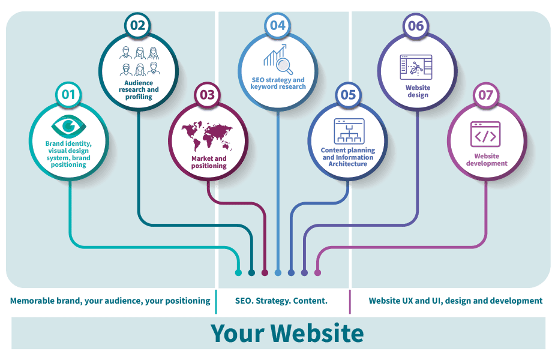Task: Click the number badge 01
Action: tap(68, 95)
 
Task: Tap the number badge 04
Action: tap(278, 26)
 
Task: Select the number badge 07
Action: tap(486, 95)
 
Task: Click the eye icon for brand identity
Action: tap(68, 126)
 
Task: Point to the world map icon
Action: tap(207, 136)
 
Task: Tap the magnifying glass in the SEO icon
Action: tap(284, 66)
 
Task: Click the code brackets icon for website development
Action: tap(485, 134)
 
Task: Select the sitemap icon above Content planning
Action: tap(349, 131)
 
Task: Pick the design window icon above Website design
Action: tap(416, 67)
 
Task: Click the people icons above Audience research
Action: tap(139, 61)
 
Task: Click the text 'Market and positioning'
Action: tap(209, 162)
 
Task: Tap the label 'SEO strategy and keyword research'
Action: tap(278, 83)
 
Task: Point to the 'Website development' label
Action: tap(487, 160)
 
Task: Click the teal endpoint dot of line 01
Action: tap(238, 273)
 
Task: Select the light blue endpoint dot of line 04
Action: tap(278, 273)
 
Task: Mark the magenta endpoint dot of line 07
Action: tap(317, 273)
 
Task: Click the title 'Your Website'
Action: tap(287, 334)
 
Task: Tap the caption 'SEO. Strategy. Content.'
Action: tap(281, 301)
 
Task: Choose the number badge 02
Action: tap(138, 26)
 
